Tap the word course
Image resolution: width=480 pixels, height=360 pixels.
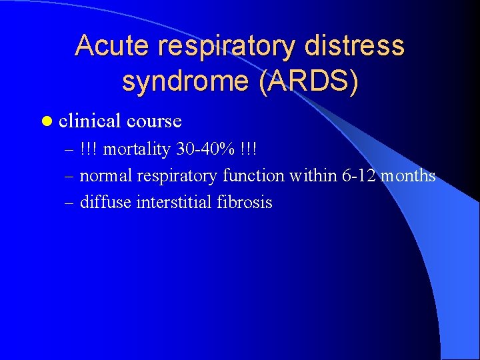[154, 121]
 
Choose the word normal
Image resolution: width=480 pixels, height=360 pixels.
[105, 176]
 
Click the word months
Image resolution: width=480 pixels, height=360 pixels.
[408, 176]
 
